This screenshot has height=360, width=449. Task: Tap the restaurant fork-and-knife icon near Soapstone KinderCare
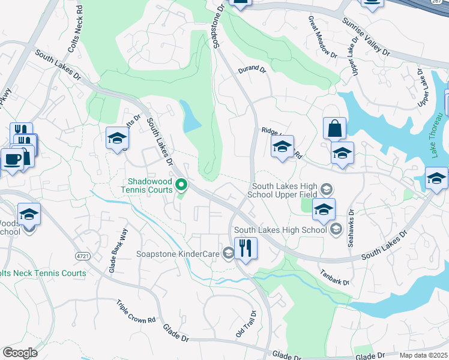pos(246,248)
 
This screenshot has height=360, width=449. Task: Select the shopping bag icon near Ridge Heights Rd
pos(334,128)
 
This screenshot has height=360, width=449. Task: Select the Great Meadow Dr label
pos(322,37)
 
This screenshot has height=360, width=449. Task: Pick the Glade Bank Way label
pos(118,251)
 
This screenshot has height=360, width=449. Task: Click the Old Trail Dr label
pos(246,323)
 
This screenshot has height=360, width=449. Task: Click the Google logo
pos(20,353)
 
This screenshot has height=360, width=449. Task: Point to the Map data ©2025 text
pos(424,355)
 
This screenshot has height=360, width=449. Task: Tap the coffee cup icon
pos(11,160)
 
